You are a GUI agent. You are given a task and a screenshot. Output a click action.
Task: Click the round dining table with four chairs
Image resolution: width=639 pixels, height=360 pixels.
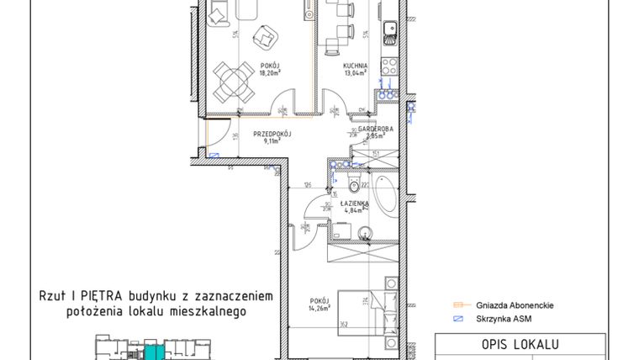[x=231, y=82]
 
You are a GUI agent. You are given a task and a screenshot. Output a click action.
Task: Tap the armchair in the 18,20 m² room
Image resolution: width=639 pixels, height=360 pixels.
[x=270, y=36]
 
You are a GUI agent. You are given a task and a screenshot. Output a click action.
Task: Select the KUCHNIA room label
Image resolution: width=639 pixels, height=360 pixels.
[x=353, y=65]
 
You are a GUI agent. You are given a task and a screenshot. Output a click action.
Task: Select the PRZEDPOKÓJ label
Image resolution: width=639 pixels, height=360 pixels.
[x=272, y=134]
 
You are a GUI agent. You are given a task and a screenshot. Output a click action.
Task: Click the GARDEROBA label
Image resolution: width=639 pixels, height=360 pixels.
[x=372, y=128]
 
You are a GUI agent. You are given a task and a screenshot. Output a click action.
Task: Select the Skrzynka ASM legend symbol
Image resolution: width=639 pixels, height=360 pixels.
[x=458, y=320]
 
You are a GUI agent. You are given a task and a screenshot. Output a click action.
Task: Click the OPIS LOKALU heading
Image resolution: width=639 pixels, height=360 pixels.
[x=520, y=344]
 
